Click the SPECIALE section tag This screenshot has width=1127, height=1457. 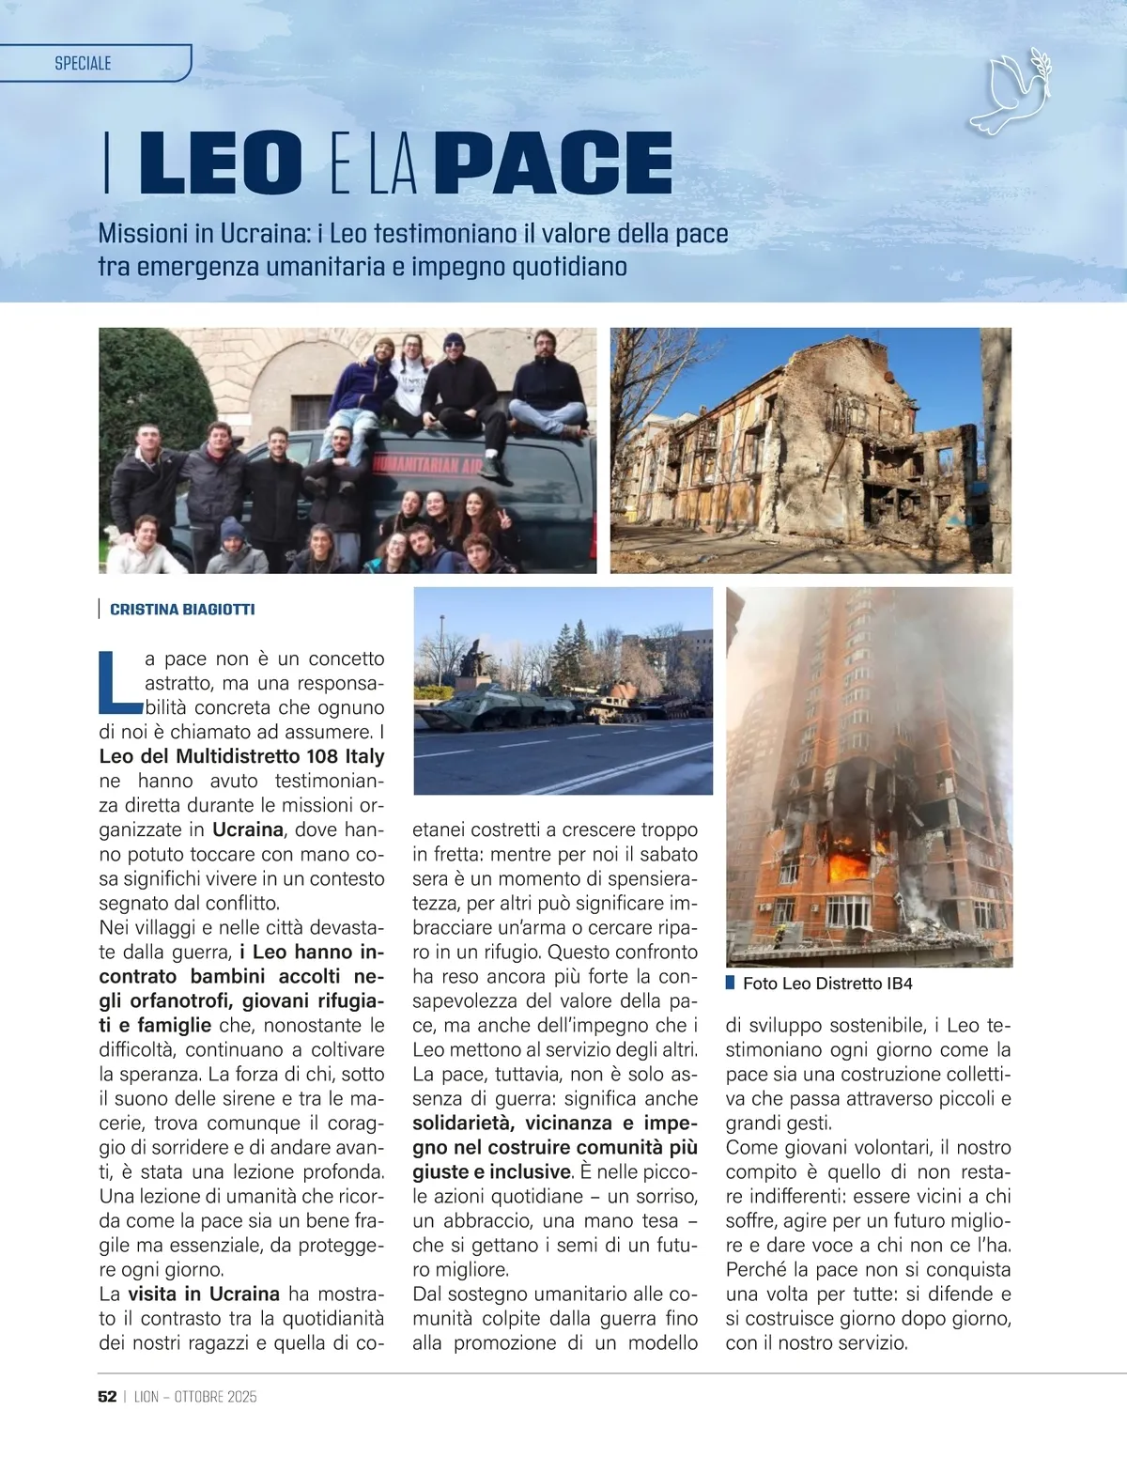[83, 63]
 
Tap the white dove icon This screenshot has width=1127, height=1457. [1010, 94]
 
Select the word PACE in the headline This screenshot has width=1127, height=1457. [554, 163]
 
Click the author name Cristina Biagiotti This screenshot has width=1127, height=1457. [182, 610]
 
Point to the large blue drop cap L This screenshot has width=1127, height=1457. [118, 681]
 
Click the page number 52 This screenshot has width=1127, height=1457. [107, 1397]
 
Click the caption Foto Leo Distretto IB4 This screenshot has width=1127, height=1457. [827, 984]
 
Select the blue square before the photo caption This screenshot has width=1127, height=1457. [730, 983]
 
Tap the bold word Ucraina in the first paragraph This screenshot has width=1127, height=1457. [248, 829]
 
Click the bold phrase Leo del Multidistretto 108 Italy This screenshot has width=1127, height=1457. [241, 756]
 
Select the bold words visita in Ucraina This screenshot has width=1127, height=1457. [204, 1294]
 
